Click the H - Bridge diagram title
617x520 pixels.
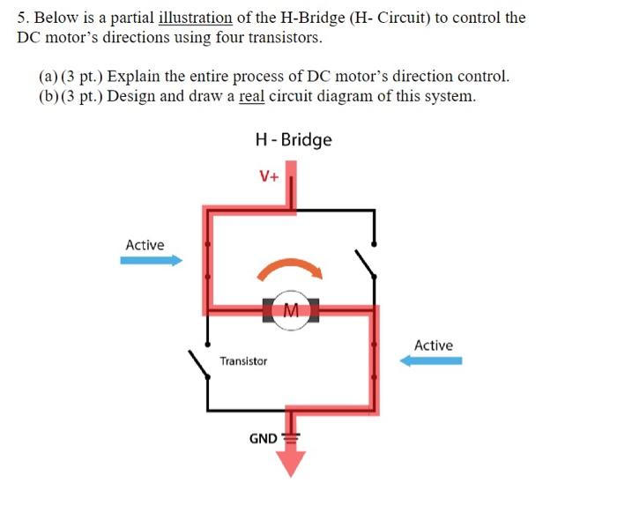[293, 139]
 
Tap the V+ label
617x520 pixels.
[269, 175]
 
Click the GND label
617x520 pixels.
[263, 438]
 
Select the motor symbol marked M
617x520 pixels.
[290, 309]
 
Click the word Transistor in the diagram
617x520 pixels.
[243, 361]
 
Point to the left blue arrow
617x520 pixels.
[151, 260]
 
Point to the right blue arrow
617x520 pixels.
[431, 360]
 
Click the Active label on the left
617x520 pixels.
[145, 244]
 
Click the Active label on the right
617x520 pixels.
[433, 345]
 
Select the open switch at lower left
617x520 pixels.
[199, 362]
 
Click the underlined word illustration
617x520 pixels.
[195, 18]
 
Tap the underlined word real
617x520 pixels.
[251, 96]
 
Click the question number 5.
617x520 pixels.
[21, 18]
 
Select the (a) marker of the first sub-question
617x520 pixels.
[48, 76]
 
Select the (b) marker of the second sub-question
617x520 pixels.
[48, 96]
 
